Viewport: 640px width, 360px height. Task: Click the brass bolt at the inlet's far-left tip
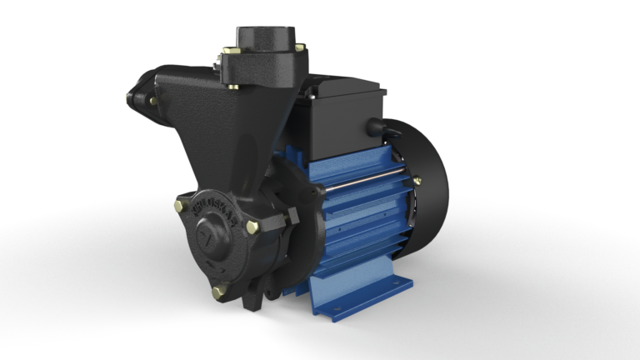130,98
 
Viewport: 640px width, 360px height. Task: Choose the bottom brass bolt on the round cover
219,291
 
